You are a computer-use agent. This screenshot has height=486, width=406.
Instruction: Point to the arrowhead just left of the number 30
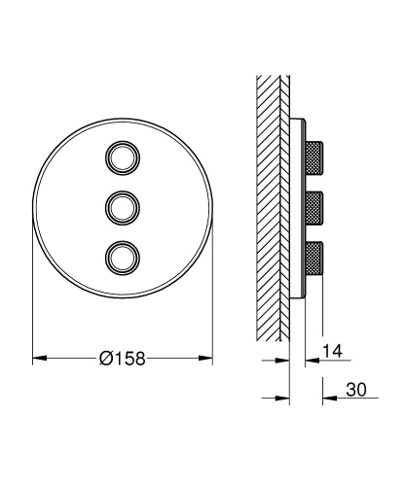[329, 398]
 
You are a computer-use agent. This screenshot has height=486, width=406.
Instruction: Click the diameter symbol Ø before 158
[105, 359]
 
